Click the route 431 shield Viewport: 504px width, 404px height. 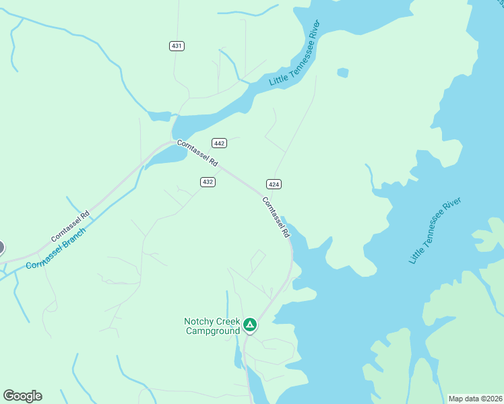(177, 46)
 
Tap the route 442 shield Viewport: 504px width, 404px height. (219, 143)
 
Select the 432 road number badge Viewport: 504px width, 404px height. (208, 182)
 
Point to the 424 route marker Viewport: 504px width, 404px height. (274, 184)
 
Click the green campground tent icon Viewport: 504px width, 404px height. (250, 326)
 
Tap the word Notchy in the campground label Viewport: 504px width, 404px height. (200, 322)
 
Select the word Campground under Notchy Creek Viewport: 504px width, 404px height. (213, 331)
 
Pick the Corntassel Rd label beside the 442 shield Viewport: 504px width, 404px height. (197, 153)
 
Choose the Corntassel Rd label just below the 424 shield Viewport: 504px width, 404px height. (276, 217)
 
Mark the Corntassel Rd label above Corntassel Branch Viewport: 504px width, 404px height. (70, 228)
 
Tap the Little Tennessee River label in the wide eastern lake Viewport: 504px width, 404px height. (435, 231)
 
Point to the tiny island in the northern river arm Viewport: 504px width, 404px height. (343, 73)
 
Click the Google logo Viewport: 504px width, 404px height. (22, 396)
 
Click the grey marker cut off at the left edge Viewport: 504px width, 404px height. (1, 247)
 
